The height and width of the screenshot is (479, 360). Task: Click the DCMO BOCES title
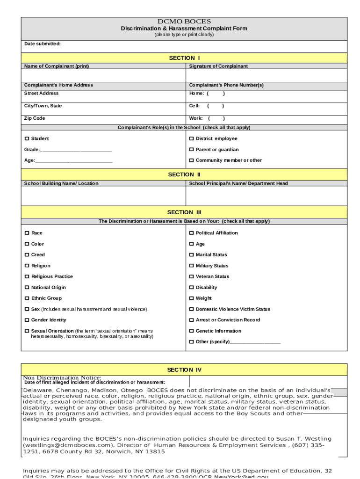point(184,22)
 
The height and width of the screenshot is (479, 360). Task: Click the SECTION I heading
point(184,58)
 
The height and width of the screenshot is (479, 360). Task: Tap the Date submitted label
point(43,44)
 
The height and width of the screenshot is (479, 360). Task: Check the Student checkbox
point(27,139)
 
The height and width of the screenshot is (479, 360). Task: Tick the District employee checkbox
point(191,139)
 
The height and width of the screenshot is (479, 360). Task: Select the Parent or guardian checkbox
point(191,150)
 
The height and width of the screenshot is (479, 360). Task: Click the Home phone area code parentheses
point(216,94)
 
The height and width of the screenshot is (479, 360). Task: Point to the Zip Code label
point(35,118)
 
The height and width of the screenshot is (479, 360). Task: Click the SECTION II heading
point(184,174)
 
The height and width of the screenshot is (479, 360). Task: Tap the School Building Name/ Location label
point(61,183)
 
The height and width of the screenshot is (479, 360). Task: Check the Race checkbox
point(27,233)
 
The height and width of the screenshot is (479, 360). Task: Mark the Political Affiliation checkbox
point(191,233)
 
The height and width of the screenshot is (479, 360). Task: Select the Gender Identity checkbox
point(27,320)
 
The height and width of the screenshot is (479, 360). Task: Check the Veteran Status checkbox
point(191,277)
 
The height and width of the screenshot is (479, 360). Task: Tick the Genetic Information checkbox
point(191,331)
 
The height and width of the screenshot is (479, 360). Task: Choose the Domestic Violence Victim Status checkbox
point(191,309)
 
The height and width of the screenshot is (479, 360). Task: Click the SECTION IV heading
point(184,370)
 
